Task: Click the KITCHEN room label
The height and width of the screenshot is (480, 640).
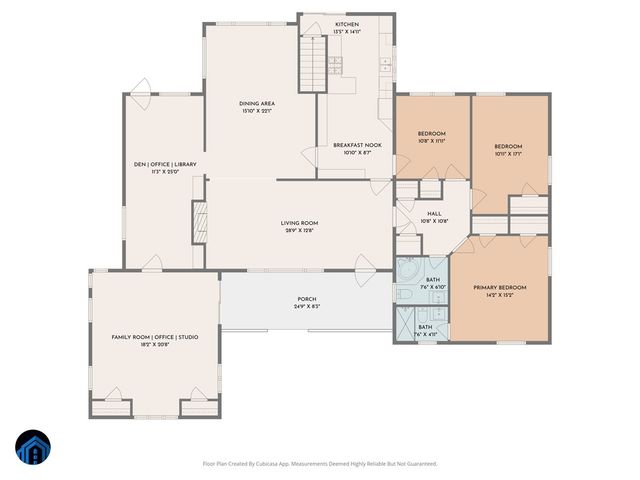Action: pos(346,23)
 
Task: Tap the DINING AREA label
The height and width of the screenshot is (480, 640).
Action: pos(257,103)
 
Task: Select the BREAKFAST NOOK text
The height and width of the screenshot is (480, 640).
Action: pos(357,145)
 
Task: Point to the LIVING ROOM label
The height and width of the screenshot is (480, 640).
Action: pos(298,223)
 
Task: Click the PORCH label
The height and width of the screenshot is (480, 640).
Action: pos(306,299)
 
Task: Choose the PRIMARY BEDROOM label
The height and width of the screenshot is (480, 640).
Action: pos(499,287)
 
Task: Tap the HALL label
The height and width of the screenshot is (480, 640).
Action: pos(434,213)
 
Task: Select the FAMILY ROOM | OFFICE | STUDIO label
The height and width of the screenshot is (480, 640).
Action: pos(154,337)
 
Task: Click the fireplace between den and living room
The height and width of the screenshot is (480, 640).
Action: pos(198,220)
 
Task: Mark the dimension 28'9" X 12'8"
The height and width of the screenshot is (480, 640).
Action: pos(298,231)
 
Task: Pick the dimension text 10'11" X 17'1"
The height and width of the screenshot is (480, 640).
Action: pos(508,155)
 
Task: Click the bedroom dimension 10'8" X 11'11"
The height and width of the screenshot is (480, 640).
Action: pos(431,141)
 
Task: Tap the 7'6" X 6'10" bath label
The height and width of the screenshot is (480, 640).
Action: pos(434,287)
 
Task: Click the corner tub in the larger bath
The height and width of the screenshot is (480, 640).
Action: pos(408,271)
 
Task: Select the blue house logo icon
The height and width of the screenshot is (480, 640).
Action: pos(31,448)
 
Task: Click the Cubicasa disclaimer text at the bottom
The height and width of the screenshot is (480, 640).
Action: pos(319,463)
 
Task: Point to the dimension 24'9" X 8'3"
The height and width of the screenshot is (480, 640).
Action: pos(306,307)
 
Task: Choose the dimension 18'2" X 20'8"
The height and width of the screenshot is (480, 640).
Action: pos(154,345)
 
